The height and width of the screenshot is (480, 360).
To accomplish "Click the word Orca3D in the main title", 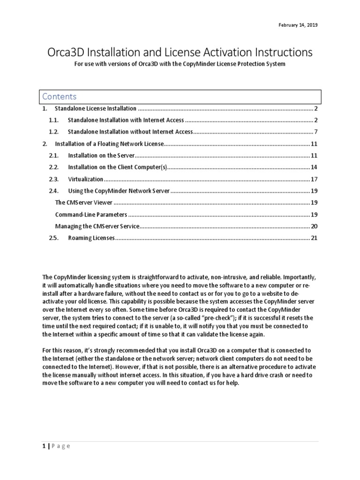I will (x=70, y=52).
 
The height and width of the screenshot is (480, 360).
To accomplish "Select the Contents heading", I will (x=59, y=97).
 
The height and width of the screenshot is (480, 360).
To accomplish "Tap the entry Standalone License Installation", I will (x=96, y=109).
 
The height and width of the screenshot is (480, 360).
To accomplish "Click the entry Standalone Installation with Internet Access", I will (x=126, y=120).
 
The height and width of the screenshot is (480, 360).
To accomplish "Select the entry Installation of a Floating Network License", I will (x=109, y=143).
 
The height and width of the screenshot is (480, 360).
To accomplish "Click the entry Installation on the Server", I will (x=101, y=155).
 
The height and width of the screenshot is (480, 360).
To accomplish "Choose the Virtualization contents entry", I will (x=85, y=179).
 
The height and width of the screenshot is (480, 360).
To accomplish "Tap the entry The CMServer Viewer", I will (x=84, y=202).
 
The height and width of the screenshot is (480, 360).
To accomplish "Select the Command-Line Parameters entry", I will (x=91, y=215).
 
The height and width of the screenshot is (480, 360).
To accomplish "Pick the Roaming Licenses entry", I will (x=91, y=238).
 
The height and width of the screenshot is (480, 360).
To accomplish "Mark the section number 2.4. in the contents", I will (x=55, y=191).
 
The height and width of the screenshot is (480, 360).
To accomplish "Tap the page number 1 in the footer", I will (x=44, y=446).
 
